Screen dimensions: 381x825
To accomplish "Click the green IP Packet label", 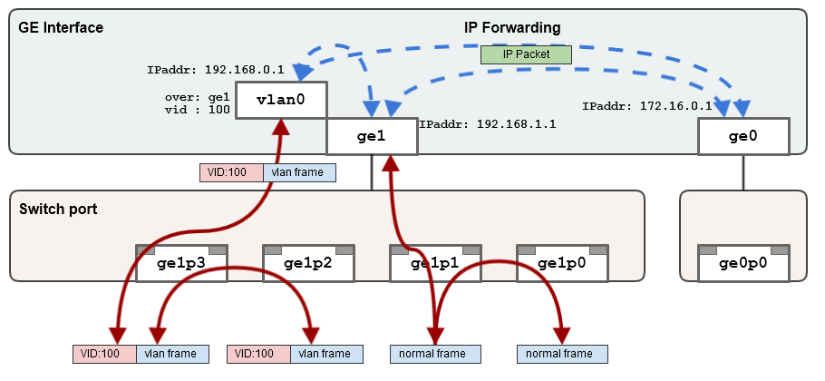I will (527, 54).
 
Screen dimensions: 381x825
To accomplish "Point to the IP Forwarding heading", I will (512, 28).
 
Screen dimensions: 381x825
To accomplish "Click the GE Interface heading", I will (61, 28).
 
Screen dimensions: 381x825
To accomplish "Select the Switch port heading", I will (58, 209).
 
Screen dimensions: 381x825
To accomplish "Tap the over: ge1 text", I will (198, 95).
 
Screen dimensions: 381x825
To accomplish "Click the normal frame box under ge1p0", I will (562, 354).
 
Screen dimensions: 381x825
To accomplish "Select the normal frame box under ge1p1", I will (435, 354).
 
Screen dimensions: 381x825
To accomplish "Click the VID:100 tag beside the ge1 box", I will (231, 172).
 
